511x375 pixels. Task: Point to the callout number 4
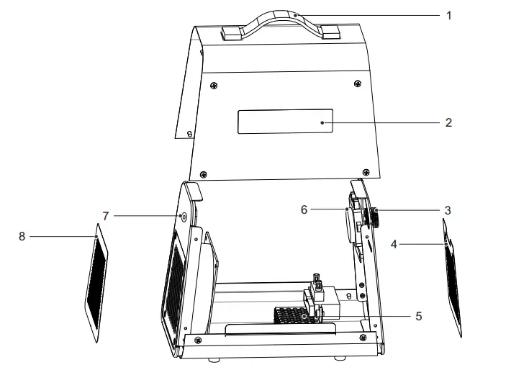(x=393, y=245)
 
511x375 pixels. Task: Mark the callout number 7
(x=105, y=215)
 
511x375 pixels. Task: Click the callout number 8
(x=22, y=235)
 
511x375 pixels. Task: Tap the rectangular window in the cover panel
(x=286, y=122)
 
